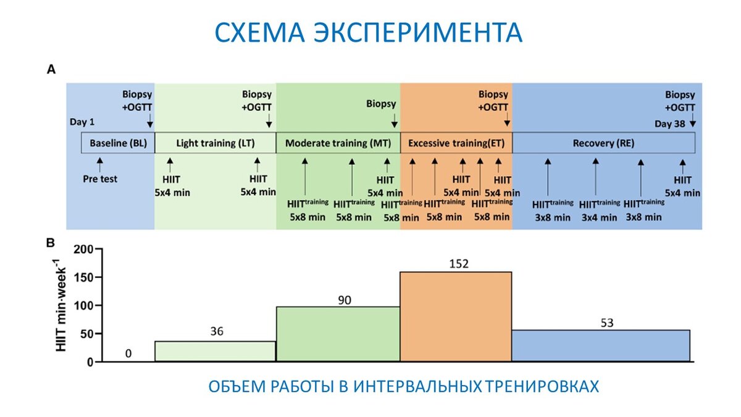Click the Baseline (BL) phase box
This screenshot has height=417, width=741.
pyautogui.click(x=118, y=143)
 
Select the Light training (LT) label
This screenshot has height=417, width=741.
pyautogui.click(x=215, y=143)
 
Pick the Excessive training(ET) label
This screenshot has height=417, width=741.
pyautogui.click(x=456, y=143)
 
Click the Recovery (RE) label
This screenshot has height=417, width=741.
pyautogui.click(x=603, y=143)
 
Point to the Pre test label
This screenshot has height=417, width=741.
pyautogui.click(x=100, y=179)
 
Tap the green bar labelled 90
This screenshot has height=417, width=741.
pyautogui.click(x=338, y=334)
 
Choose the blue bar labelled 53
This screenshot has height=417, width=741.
pyautogui.click(x=601, y=345)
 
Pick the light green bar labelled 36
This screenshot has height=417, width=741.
pyautogui.click(x=215, y=351)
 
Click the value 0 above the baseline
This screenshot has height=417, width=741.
pyautogui.click(x=128, y=353)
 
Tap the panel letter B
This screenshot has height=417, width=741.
pyautogui.click(x=52, y=242)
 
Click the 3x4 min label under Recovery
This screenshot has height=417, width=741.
pyautogui.click(x=598, y=217)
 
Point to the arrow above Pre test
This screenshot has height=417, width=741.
pyautogui.click(x=99, y=164)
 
